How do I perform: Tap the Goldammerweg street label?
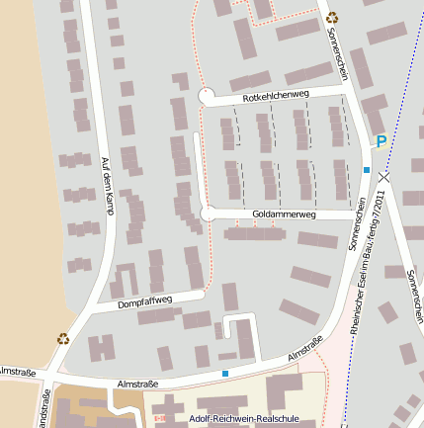pos(284,214)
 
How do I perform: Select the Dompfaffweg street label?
pos(145,300)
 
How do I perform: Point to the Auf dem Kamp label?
pos(106,187)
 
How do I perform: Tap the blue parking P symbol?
pos(380,142)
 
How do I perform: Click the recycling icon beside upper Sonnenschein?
pos(332,17)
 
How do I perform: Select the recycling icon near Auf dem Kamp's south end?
pos(63,338)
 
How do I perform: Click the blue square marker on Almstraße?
pos(225,374)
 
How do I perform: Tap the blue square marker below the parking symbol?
pos(367,170)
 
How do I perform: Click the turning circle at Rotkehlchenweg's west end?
pos(207,95)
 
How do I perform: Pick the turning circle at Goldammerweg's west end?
pos(208,214)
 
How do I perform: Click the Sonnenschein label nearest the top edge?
pos(336,53)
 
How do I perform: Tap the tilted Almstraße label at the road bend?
pos(305,349)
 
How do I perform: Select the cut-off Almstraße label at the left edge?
pos(17,373)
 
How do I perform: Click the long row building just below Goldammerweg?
pos(253,234)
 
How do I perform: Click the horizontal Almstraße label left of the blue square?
pos(138,381)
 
